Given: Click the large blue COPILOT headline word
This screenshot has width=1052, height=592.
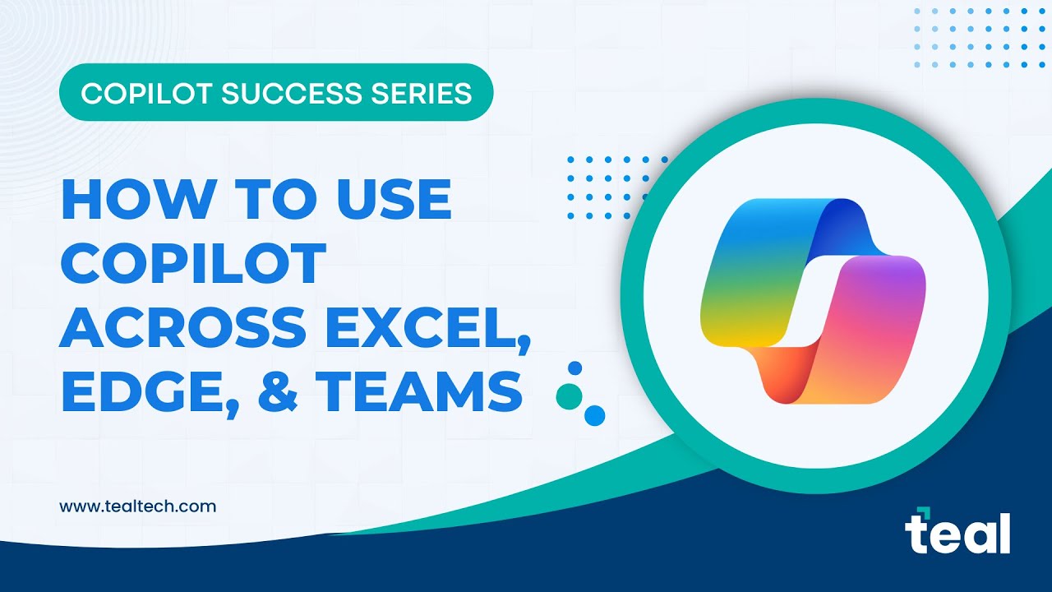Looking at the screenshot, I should (x=194, y=263).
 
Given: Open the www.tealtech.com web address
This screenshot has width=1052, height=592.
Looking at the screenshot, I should (x=137, y=506).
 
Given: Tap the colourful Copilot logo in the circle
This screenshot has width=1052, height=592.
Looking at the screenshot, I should (x=814, y=302).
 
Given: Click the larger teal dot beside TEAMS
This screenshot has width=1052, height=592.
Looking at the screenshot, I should (x=569, y=396).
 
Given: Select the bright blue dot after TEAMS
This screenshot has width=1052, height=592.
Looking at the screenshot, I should (x=594, y=415).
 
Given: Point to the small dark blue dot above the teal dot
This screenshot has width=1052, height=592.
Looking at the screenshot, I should (x=575, y=368).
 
